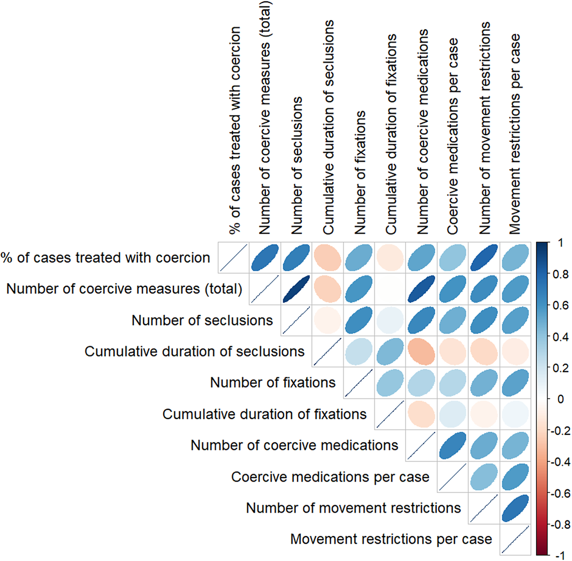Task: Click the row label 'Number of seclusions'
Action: [202, 320]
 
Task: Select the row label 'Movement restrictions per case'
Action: [391, 539]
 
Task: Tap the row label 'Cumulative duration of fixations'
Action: [265, 414]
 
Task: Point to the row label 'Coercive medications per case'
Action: [330, 477]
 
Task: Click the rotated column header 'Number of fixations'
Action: [360, 173]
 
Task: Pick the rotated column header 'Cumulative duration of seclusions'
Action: [328, 127]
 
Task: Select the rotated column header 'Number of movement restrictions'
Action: [484, 128]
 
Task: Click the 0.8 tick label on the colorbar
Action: [561, 274]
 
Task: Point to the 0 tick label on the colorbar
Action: [561, 399]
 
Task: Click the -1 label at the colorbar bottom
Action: [560, 556]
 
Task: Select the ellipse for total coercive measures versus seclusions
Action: [296, 289]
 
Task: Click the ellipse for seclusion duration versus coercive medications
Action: [421, 351]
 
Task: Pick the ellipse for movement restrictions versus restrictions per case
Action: [515, 508]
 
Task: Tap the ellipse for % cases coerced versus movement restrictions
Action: [484, 257]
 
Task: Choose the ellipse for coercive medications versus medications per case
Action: [452, 446]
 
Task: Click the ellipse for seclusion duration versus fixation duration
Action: [390, 351]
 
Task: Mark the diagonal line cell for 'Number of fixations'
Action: [359, 383]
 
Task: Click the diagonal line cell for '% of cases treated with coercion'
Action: [234, 257]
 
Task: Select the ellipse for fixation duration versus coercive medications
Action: [421, 414]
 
